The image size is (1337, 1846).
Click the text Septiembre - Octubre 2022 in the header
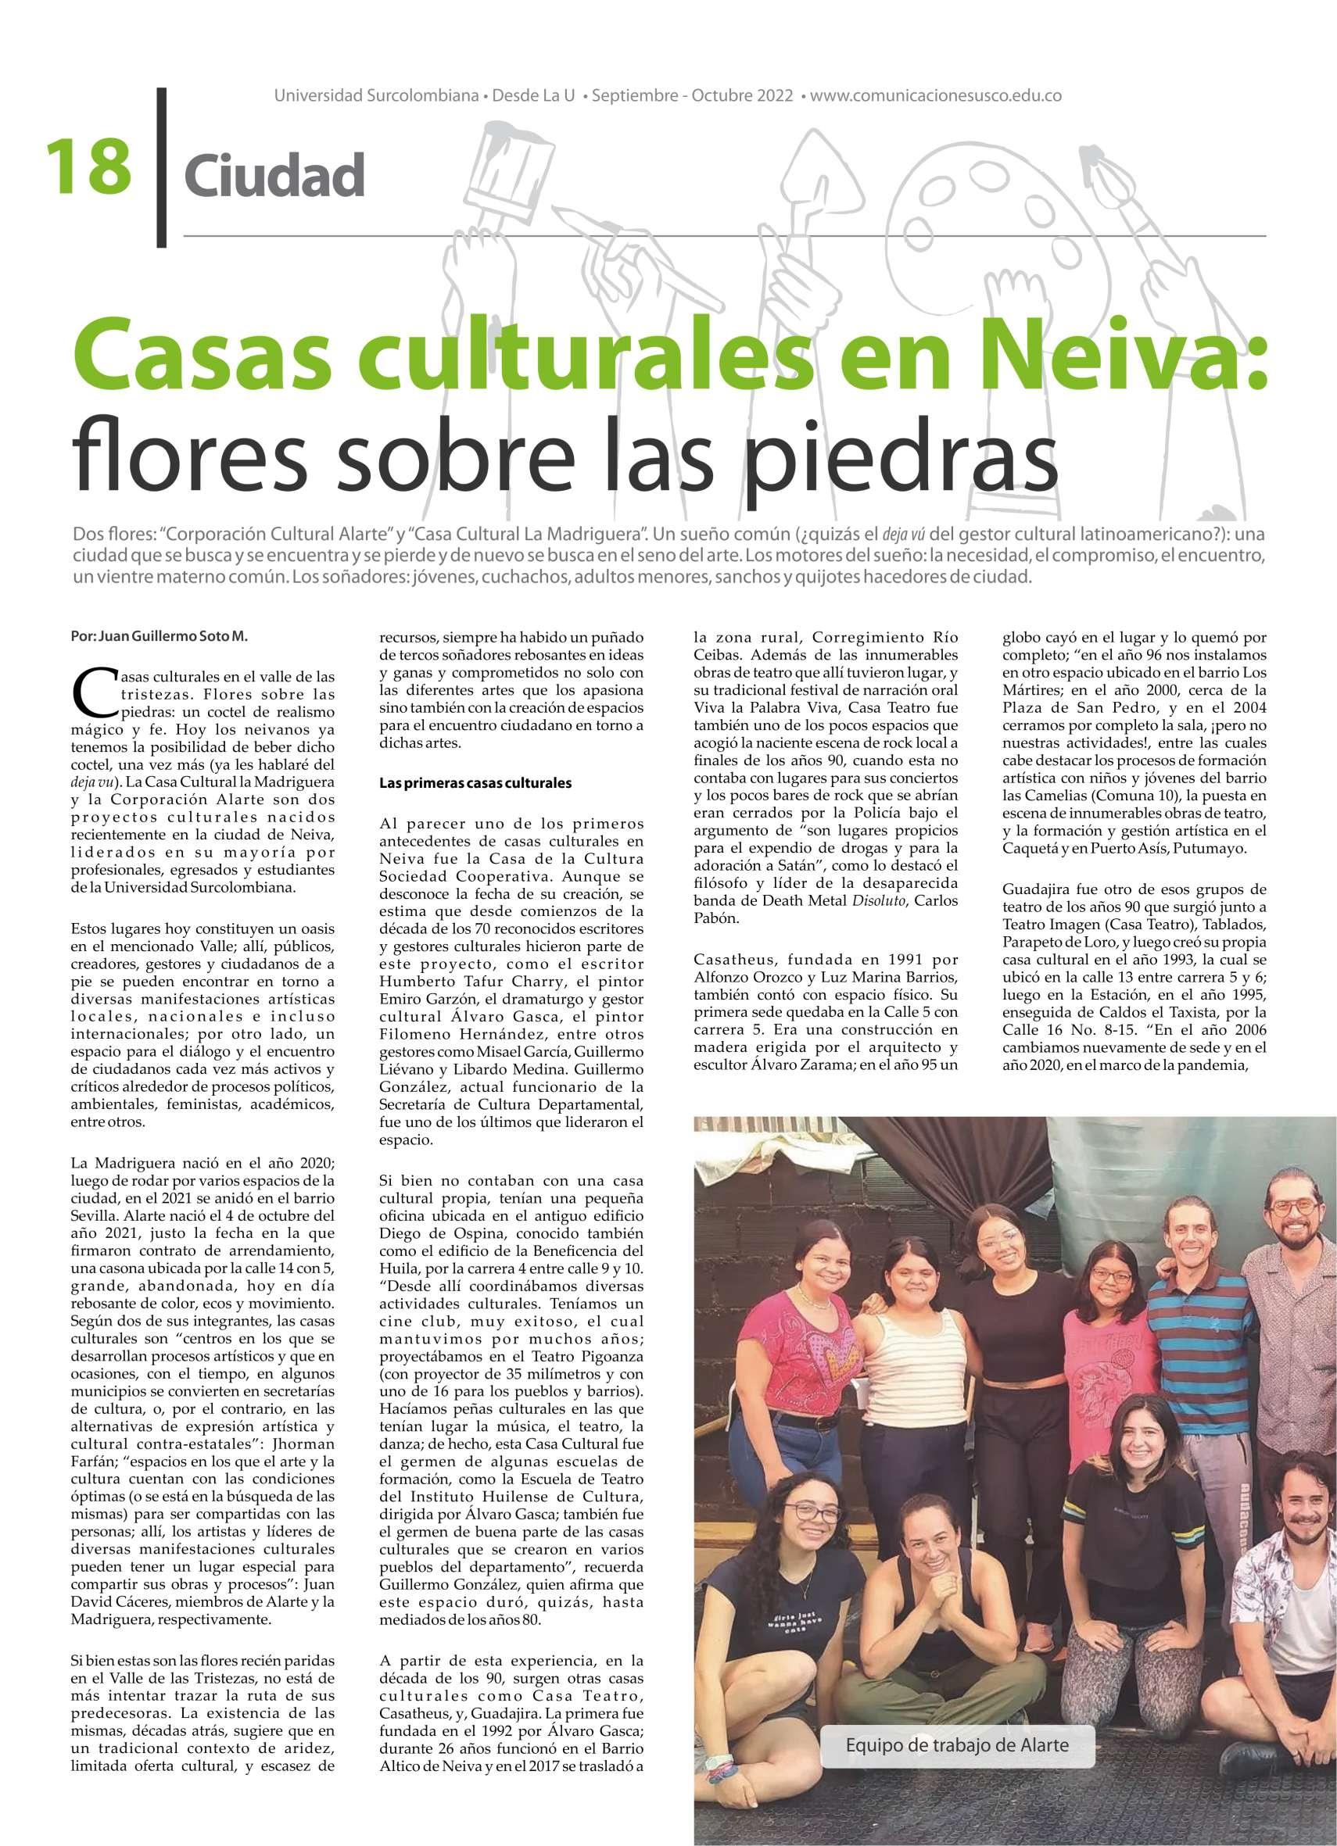coord(692,96)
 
